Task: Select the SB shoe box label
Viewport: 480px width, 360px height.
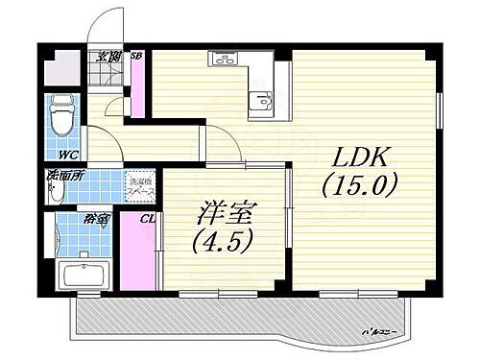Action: click(137, 56)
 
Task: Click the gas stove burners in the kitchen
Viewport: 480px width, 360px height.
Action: click(223, 60)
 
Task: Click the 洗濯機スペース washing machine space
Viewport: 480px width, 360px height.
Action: click(141, 187)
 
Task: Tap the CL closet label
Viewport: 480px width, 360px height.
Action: click(147, 220)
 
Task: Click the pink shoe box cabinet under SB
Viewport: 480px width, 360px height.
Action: click(138, 91)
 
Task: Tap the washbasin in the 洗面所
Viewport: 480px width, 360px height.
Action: click(56, 192)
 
